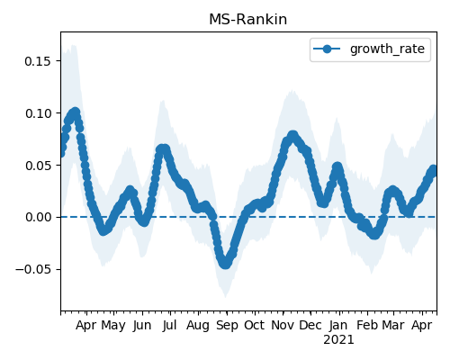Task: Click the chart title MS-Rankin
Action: point(247,20)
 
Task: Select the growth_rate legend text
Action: point(387,49)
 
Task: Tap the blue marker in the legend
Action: point(327,49)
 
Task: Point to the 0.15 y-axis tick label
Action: point(38,61)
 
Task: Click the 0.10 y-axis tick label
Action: point(38,113)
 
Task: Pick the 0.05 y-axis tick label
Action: point(38,166)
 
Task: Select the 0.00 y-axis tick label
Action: point(38,217)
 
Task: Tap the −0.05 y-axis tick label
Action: point(33,269)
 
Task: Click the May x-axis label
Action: point(113,326)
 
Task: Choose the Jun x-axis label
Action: point(142,326)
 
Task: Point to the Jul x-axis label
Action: point(169,326)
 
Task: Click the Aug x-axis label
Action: point(198,326)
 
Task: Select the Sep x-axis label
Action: point(227,326)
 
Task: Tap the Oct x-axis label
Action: point(255,326)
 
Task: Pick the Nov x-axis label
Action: point(283,326)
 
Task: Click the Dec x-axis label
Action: point(310,326)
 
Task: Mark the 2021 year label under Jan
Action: point(338,340)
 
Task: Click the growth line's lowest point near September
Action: point(226,264)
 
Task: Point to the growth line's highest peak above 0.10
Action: point(76,112)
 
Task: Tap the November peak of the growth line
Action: point(292,135)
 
